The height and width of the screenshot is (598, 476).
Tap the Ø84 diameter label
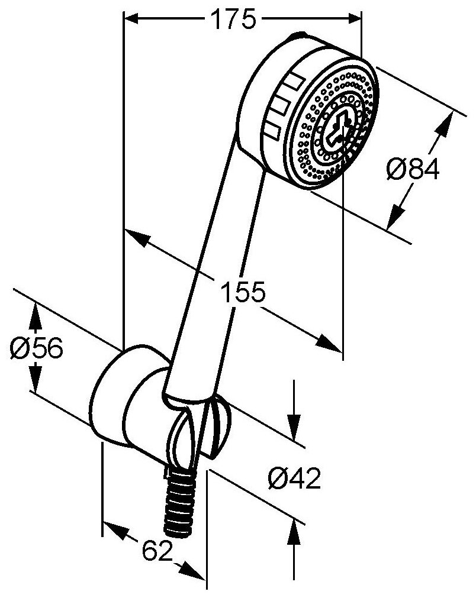coord(413,170)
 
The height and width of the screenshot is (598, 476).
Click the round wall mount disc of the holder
coord(110,393)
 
